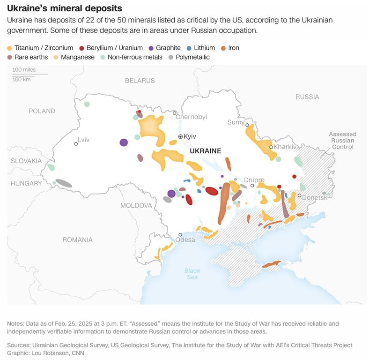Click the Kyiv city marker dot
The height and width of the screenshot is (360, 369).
pos(180,136)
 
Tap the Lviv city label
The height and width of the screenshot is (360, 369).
pos(83,140)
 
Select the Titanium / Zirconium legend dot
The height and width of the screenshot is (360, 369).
pos(9,48)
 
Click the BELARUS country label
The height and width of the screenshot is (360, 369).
pos(140,81)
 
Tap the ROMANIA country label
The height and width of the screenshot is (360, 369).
pos(78,240)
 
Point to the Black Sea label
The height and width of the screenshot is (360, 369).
pos(192,274)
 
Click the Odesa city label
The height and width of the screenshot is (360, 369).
pos(185,240)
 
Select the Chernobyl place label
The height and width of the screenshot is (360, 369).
pos(191,117)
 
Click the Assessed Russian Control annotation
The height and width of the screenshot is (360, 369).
pos(342,140)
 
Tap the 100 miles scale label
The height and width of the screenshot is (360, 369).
pos(24,69)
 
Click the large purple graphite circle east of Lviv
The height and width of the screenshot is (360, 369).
pos(124,142)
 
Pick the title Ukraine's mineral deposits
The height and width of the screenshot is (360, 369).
pos(64,8)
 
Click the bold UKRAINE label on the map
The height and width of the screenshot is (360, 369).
pos(205,151)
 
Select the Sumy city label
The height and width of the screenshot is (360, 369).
pos(236,122)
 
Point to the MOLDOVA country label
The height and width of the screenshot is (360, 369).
pos(136,205)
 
